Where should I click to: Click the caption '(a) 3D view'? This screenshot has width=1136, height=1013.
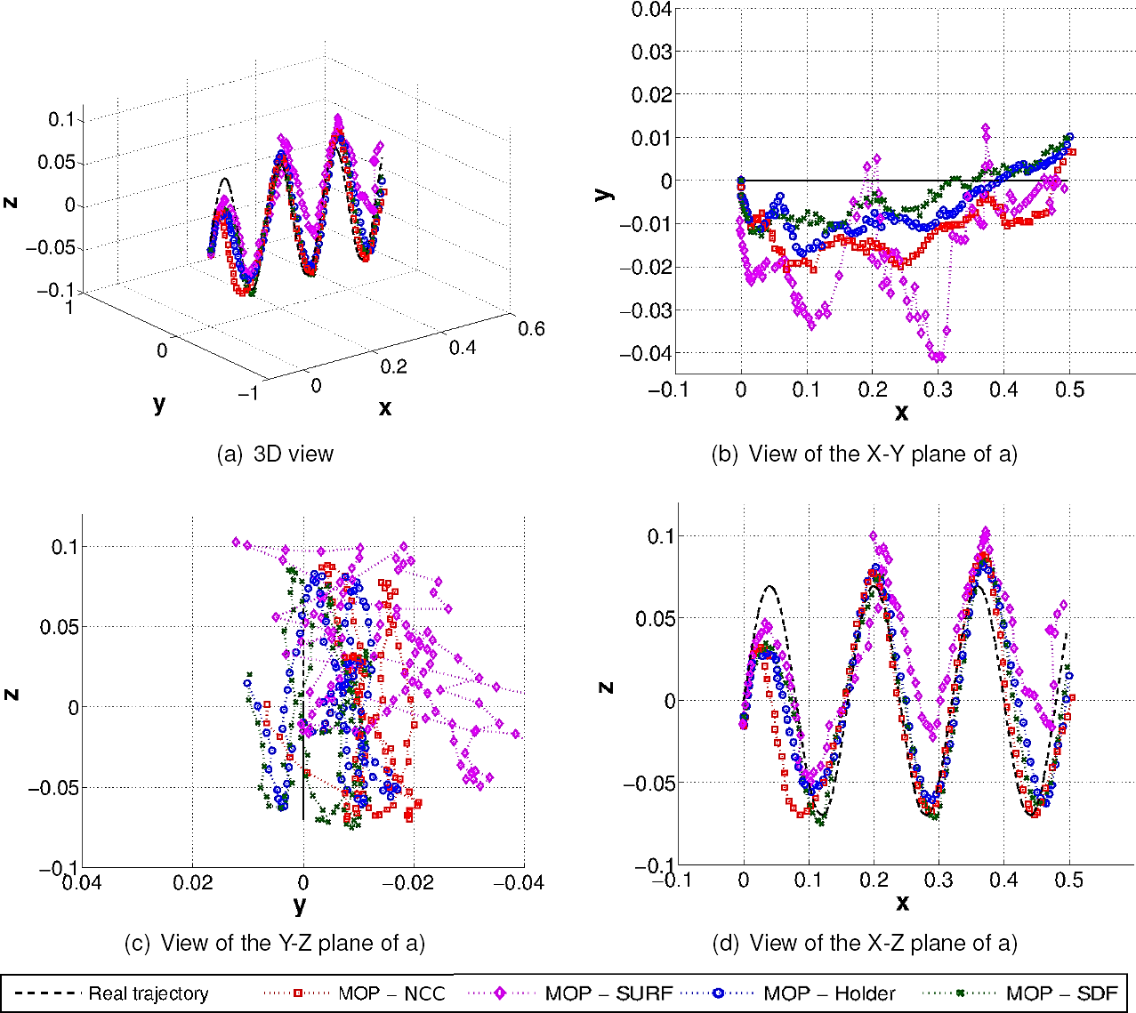point(275,454)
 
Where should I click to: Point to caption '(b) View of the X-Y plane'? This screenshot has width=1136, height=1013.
point(864,454)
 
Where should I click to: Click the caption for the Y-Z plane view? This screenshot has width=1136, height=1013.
point(275,943)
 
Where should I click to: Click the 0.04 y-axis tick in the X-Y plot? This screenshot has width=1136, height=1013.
point(651,10)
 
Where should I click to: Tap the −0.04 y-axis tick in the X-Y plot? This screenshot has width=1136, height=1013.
point(646,353)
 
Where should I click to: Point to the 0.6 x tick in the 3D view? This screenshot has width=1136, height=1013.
point(531,329)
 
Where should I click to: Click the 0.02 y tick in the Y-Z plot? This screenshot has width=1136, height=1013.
point(193,883)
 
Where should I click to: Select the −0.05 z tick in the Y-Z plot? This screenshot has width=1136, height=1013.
point(52,788)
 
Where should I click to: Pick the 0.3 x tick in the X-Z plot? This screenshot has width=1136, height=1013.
point(939,880)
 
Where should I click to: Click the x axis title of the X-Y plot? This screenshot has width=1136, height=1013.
point(901,413)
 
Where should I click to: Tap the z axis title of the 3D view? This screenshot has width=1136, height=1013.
point(11,202)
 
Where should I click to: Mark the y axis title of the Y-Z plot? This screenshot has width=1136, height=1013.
point(300,905)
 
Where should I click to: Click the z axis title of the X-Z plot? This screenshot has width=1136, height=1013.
point(607,687)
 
